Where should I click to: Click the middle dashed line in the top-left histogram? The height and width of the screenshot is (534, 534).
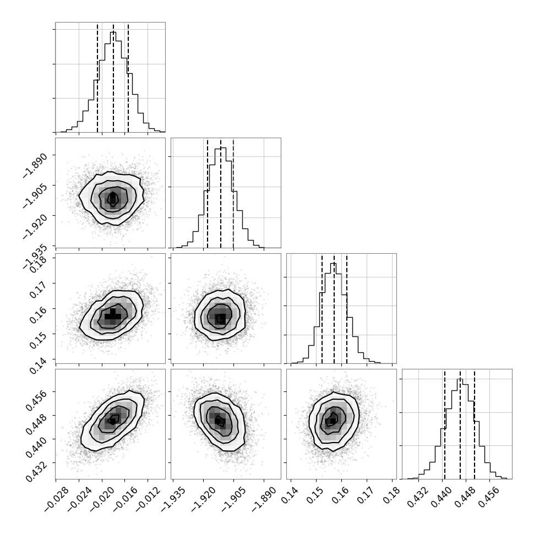[x=113, y=77]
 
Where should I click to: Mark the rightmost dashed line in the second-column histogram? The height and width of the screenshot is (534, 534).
[x=233, y=193]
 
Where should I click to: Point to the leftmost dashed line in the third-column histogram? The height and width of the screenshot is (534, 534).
[x=322, y=308]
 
